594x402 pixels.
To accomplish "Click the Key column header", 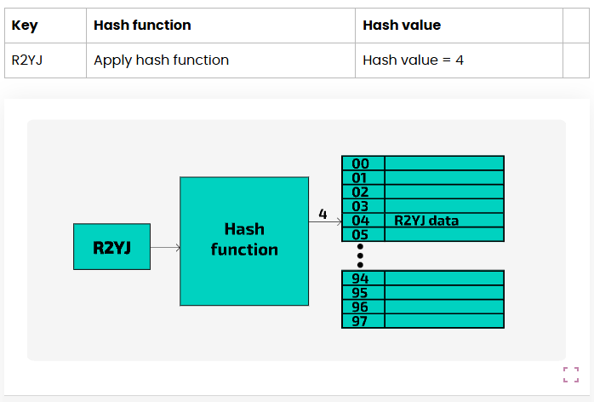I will pos(25,26).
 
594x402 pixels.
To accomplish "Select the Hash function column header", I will pos(142,26).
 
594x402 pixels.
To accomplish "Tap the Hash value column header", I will pos(402,26).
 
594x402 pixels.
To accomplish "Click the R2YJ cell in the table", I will pos(27,60).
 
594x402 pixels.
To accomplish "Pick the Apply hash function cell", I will pos(161,60).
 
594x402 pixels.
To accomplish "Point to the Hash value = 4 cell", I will pos(413,60).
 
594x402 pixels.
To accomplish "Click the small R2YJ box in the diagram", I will pos(111,247).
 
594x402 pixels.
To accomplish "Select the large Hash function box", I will pos(244,240).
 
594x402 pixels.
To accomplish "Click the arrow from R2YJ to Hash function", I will pos(165,248).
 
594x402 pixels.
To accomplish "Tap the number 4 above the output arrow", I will pos(323,215).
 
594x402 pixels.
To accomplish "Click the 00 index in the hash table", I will pos(361,164).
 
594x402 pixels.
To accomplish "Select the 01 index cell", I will pos(361,178).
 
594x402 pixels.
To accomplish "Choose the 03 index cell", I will pos(361,206).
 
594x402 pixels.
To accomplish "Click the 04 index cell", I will pos(361,221).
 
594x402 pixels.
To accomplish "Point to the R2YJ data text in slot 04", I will pos(426,221).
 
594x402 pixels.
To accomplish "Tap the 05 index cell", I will pos(361,234).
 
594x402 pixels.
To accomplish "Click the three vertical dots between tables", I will pos(361,255).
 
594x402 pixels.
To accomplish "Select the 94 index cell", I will pos(361,279).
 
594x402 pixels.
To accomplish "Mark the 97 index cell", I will pos(361,321).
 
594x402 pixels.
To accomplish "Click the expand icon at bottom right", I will pos(570,375).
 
